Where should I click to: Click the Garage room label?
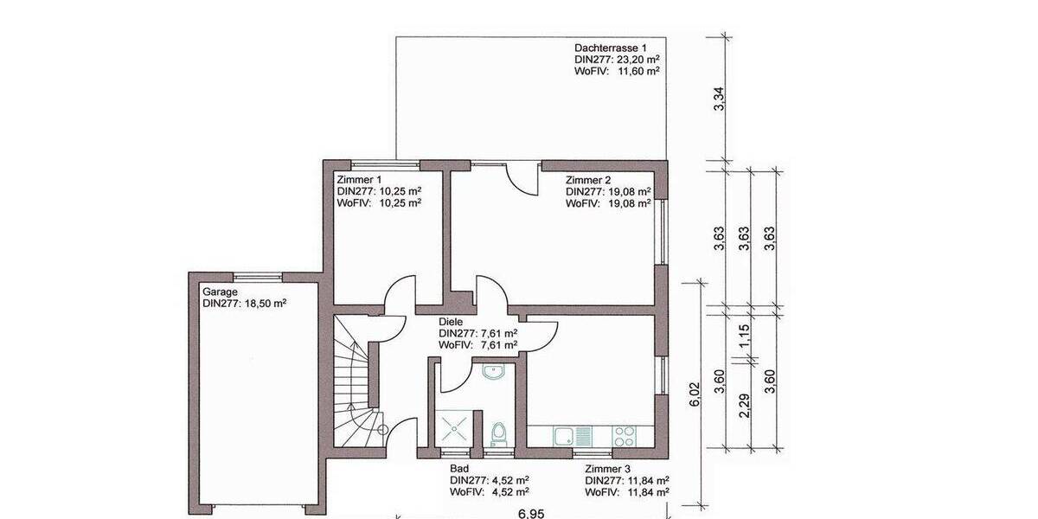(221, 292)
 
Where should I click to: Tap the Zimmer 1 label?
(356, 179)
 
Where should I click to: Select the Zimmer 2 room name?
(588, 179)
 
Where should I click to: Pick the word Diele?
(451, 322)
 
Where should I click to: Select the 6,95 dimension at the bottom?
(531, 513)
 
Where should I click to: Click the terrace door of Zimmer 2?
(521, 177)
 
